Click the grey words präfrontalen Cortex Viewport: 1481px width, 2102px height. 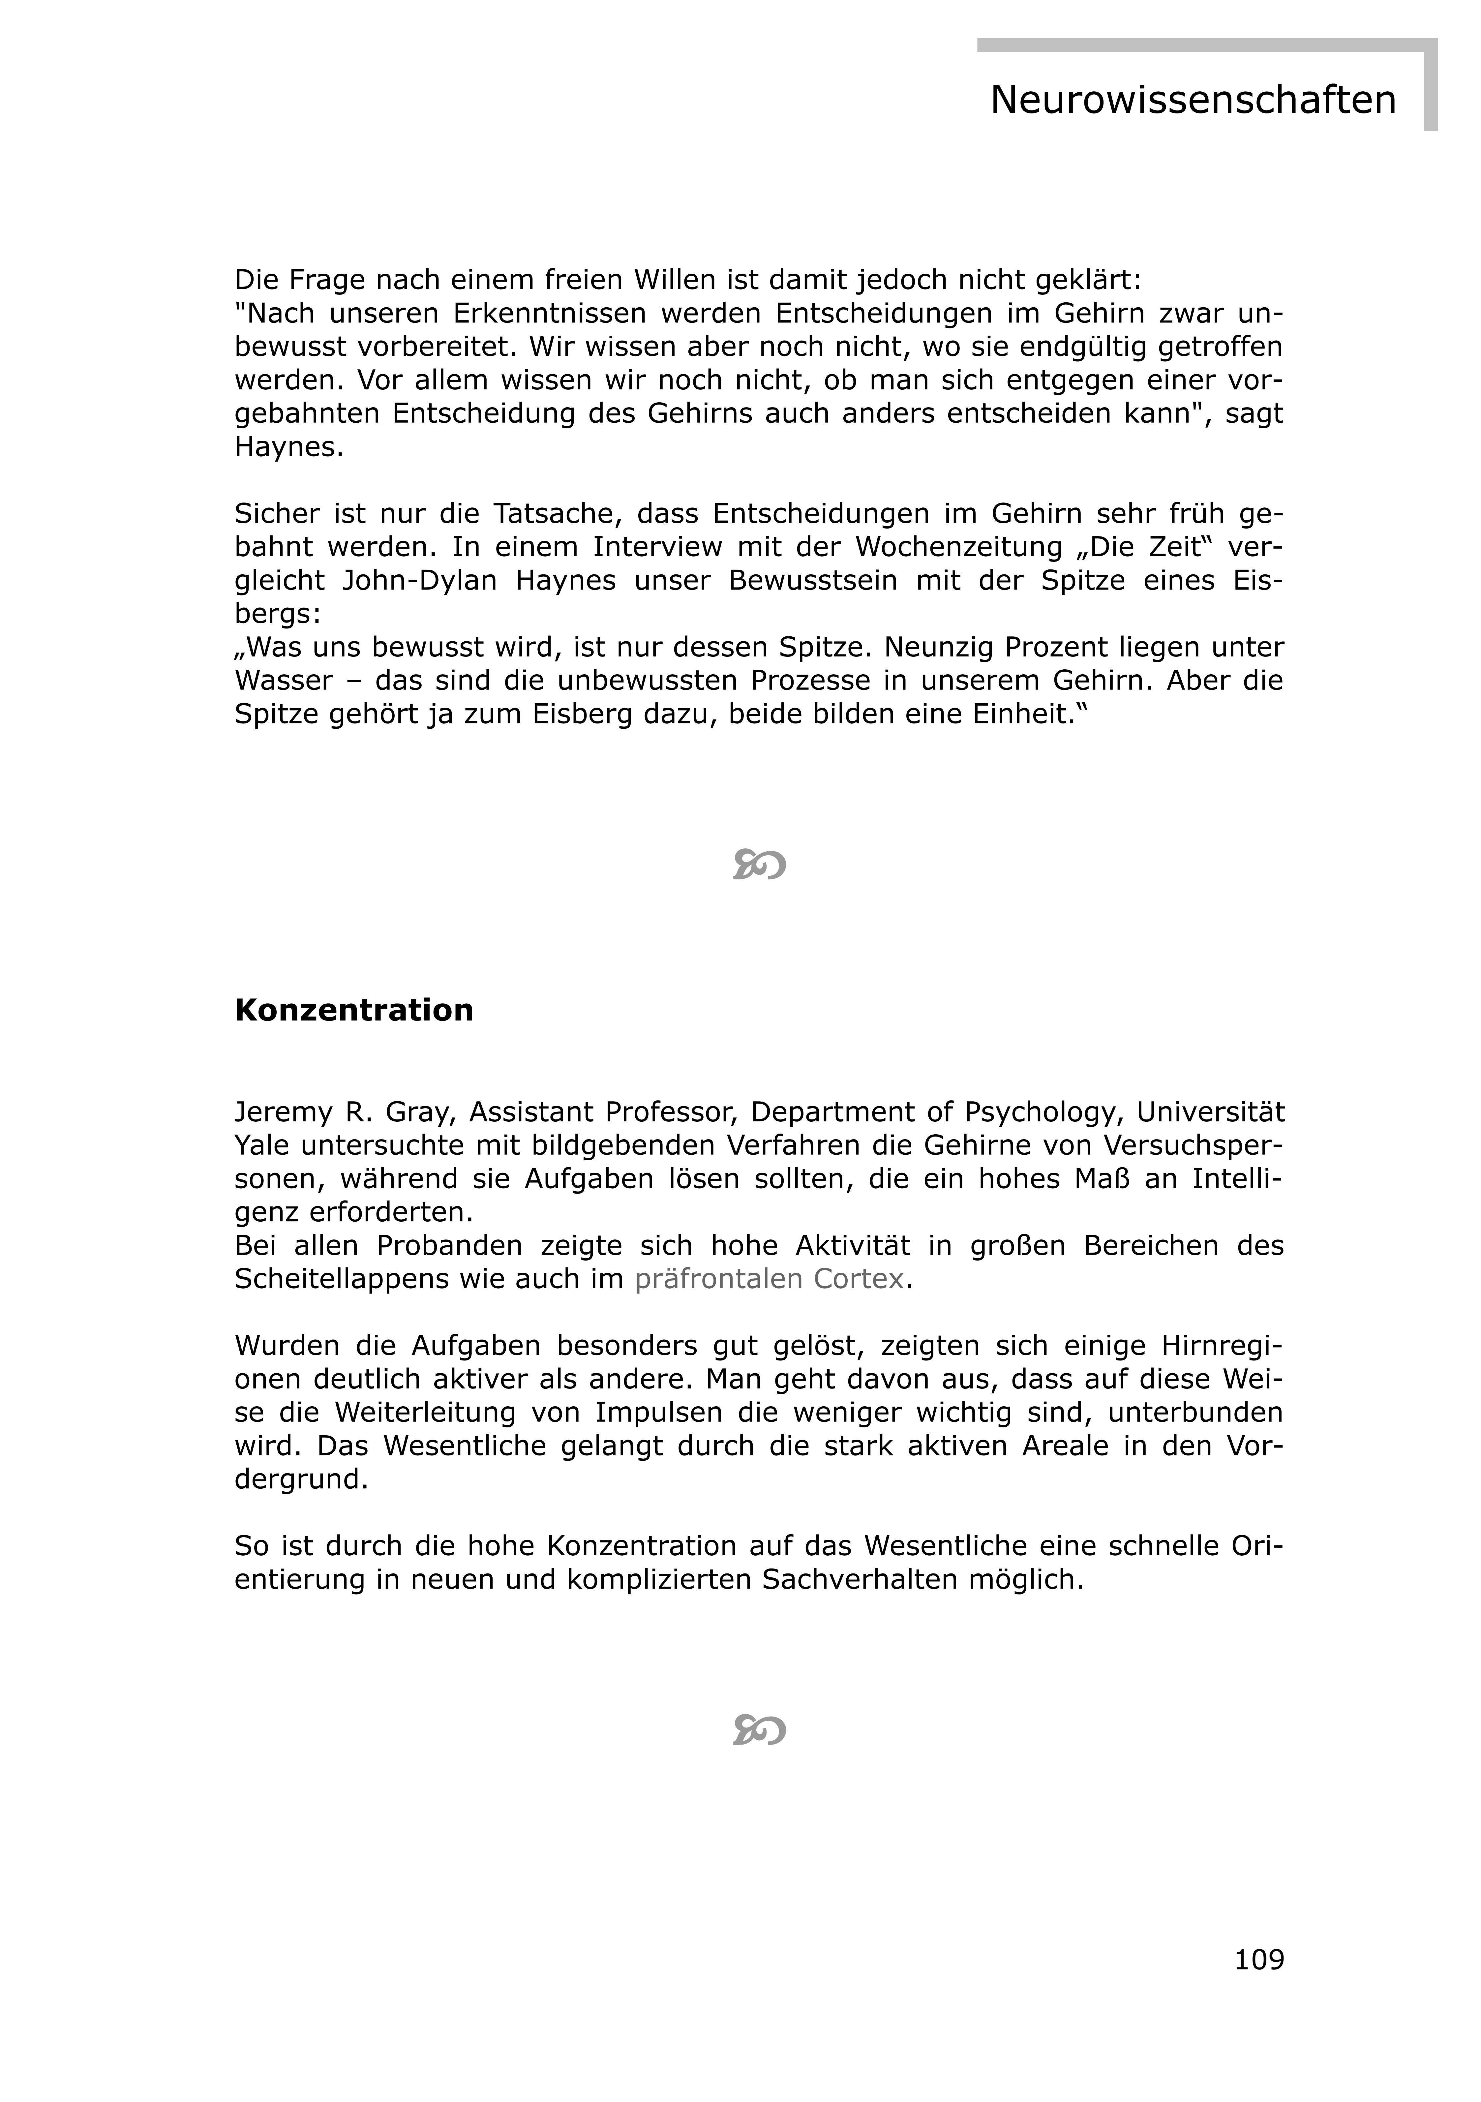(x=769, y=1279)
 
